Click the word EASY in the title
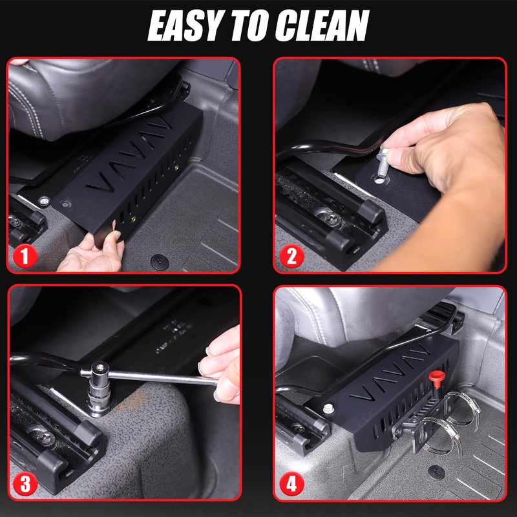click(185, 25)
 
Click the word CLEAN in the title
click(322, 25)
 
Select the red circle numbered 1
click(25, 255)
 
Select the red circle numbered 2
click(291, 256)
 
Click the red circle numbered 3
click(25, 483)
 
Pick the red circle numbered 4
click(291, 484)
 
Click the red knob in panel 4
click(437, 379)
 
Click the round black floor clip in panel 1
click(160, 262)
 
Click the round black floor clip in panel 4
click(436, 472)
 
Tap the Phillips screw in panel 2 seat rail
click(329, 218)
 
